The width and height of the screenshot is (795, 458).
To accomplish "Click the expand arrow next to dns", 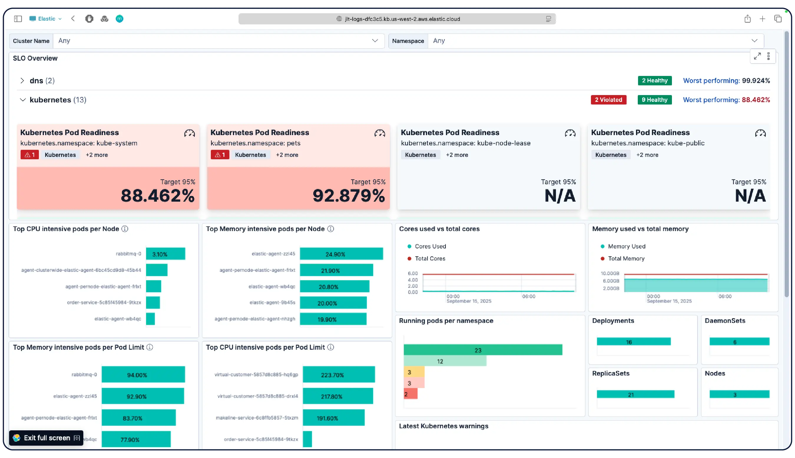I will pos(22,81).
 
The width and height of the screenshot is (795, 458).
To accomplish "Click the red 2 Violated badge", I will pos(608,100).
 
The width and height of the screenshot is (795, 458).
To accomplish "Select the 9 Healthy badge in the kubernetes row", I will pos(654,100).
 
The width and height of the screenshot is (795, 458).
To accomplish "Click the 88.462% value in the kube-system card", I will pos(157,195).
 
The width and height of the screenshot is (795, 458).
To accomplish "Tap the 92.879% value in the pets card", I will pos(348,195).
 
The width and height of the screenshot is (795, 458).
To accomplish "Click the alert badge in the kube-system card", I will pos(29,155).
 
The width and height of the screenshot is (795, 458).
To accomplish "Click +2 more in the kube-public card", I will pos(647,155).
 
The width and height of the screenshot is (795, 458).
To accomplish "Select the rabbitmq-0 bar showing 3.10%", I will pos(165,254).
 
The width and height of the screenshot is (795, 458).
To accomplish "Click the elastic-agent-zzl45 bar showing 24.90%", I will pos(341,254).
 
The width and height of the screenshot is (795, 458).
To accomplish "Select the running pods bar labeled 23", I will pos(482,350).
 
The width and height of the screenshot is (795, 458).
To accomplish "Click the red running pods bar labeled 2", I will pos(410,394).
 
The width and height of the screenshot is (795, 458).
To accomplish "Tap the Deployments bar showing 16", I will pos(633,342).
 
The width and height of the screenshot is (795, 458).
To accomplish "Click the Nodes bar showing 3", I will pos(739,394).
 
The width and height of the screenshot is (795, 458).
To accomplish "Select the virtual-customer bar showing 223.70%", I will pos(339,375).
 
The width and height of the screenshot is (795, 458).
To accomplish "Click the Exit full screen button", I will pos(46,438).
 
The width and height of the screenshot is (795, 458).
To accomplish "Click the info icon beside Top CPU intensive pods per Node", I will pos(125,229).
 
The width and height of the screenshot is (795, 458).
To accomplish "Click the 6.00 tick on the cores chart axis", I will pos(413,273).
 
